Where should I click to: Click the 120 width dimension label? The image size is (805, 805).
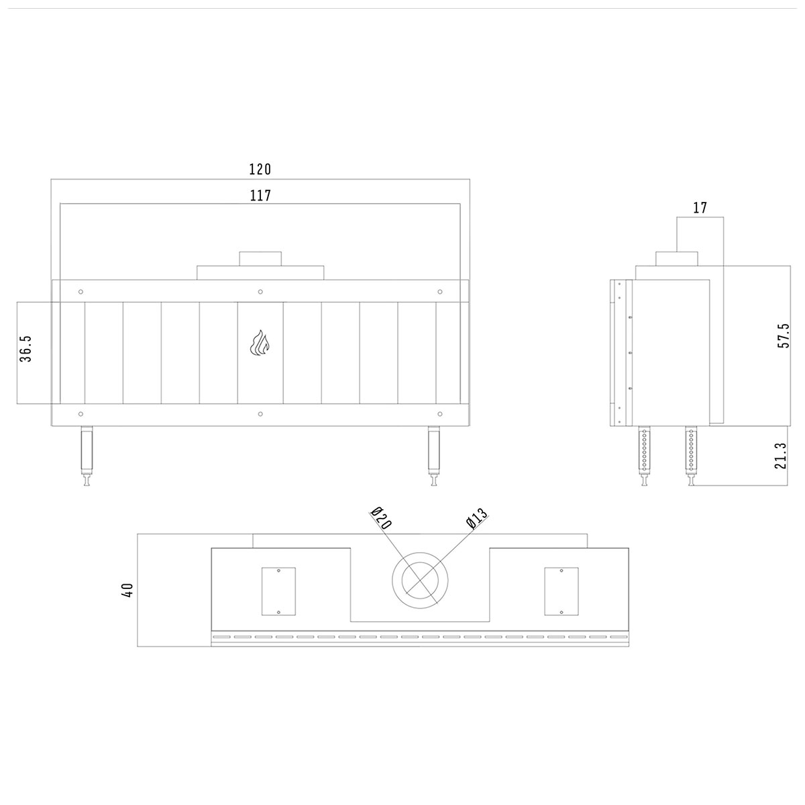(260, 169)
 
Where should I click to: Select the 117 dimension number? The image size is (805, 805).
(260, 195)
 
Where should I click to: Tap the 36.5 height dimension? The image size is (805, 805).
(25, 348)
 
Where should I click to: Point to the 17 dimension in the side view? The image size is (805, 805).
(700, 207)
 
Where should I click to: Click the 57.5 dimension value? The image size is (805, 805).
(784, 335)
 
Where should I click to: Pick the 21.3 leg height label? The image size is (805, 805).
(780, 455)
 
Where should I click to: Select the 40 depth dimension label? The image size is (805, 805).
(128, 590)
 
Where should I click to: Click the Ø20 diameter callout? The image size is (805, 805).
(381, 518)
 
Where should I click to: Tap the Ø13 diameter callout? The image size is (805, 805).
(477, 519)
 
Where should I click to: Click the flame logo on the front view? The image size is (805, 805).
(260, 343)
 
